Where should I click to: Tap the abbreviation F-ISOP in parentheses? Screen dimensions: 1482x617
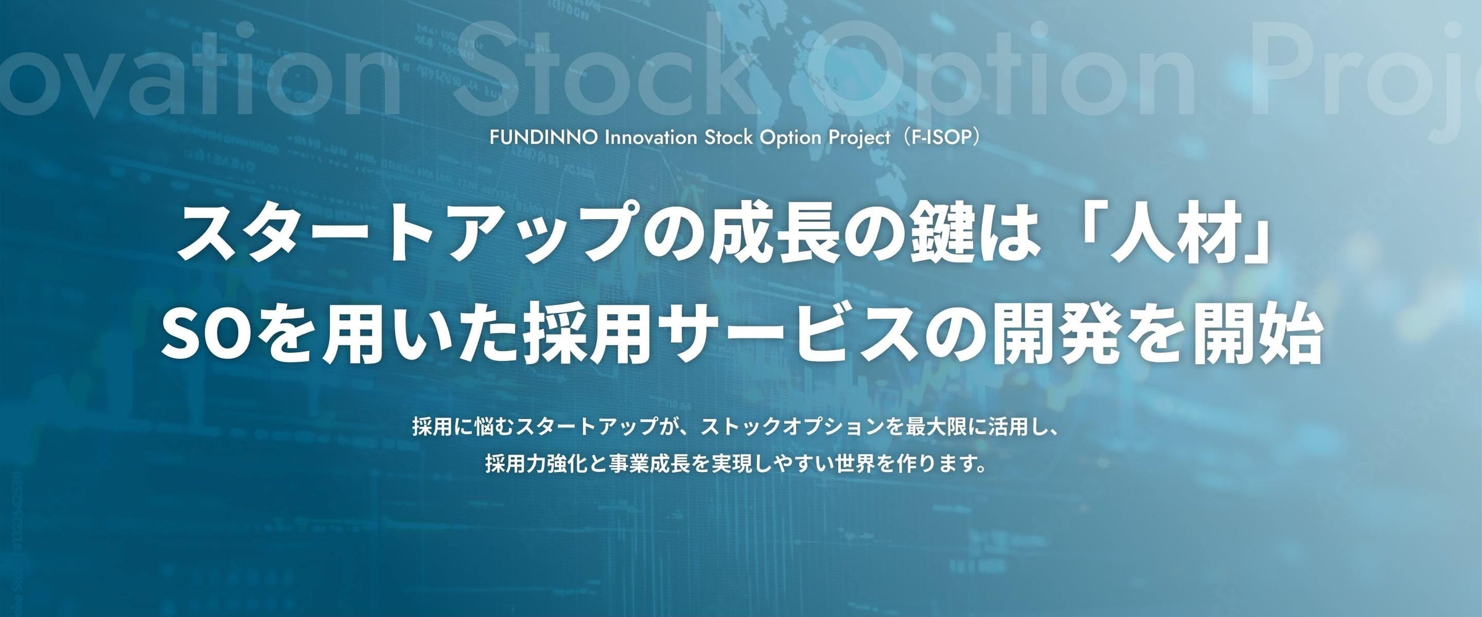click(942, 138)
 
